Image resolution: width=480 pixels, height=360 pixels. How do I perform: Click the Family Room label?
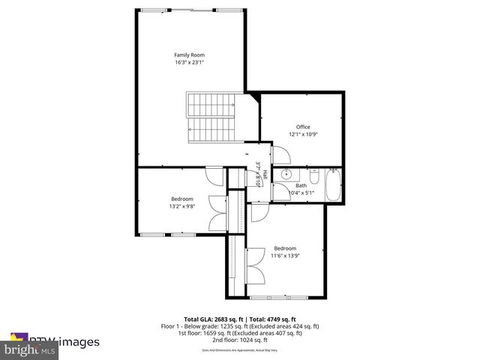pyautogui.click(x=189, y=55)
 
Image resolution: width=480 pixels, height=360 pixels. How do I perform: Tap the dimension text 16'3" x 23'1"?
pyautogui.click(x=189, y=63)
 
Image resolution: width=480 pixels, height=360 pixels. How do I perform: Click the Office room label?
pyautogui.click(x=302, y=127)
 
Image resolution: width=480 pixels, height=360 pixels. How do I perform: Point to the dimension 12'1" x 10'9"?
pyautogui.click(x=302, y=134)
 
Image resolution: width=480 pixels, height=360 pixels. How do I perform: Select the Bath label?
pyautogui.click(x=301, y=185)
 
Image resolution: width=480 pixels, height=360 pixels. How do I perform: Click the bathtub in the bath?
pyautogui.click(x=334, y=185)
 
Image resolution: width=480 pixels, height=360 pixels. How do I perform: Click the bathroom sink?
pyautogui.click(x=285, y=175)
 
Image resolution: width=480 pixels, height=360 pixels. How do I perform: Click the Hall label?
pyautogui.click(x=265, y=175)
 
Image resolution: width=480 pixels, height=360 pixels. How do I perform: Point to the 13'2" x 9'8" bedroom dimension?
pyautogui.click(x=182, y=206)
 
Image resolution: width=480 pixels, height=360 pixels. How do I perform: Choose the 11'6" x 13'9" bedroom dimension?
pyautogui.click(x=284, y=256)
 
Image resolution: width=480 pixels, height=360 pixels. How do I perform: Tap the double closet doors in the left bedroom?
pyautogui.click(x=217, y=213)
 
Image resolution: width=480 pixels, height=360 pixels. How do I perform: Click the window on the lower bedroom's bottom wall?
pyautogui.click(x=283, y=298)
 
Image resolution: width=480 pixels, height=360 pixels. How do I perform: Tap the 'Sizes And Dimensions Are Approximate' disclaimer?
pyautogui.click(x=240, y=350)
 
